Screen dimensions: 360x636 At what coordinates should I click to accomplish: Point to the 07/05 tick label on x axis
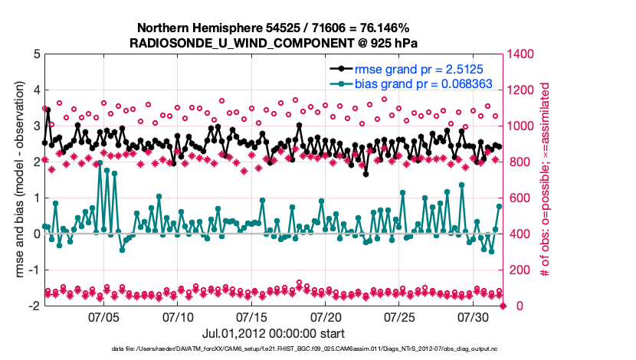point(104,316)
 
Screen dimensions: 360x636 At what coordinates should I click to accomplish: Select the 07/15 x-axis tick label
point(253,316)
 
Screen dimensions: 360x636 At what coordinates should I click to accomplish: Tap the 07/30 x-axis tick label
point(474,316)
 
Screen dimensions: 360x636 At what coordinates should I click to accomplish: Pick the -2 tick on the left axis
point(34,306)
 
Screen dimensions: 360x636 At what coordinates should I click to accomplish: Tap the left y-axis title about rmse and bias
point(16,179)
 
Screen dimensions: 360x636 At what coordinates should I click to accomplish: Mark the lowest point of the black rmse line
point(366,174)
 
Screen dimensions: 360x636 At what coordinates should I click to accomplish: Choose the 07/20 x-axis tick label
point(326,316)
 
